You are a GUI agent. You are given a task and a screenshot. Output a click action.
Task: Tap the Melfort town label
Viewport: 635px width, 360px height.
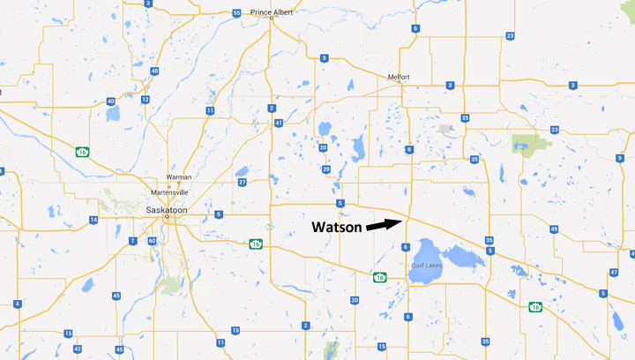[x=400, y=77]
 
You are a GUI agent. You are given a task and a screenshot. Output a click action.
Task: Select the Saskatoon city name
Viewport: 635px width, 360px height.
[x=166, y=209]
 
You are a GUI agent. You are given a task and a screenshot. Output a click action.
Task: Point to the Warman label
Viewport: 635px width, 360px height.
[x=179, y=176]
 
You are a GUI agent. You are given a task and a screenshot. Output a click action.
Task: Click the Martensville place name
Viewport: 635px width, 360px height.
[x=172, y=191]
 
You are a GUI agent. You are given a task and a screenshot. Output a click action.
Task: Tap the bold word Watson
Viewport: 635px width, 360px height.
[x=335, y=227]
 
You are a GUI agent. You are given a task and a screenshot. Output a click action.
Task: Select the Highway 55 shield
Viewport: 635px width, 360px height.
[x=237, y=13]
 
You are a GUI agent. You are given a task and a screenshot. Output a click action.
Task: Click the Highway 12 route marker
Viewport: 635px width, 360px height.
[x=144, y=100]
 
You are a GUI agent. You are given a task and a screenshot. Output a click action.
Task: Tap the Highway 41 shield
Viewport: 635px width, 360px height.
[x=279, y=124]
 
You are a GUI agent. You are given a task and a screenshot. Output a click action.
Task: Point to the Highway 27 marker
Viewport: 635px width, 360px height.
[x=242, y=183]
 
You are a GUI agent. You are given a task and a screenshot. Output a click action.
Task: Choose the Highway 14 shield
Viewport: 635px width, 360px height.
[x=93, y=220]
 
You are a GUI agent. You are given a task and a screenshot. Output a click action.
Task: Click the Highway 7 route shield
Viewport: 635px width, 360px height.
[x=132, y=241]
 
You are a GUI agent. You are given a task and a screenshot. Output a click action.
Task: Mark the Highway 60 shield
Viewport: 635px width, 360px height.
[x=152, y=241]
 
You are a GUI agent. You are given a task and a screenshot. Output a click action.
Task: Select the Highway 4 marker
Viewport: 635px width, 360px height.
[x=17, y=304]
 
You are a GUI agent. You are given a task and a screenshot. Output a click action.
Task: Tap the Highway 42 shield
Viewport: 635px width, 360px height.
[x=78, y=350]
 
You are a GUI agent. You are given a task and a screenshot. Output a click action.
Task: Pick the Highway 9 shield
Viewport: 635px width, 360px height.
[x=620, y=158]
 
